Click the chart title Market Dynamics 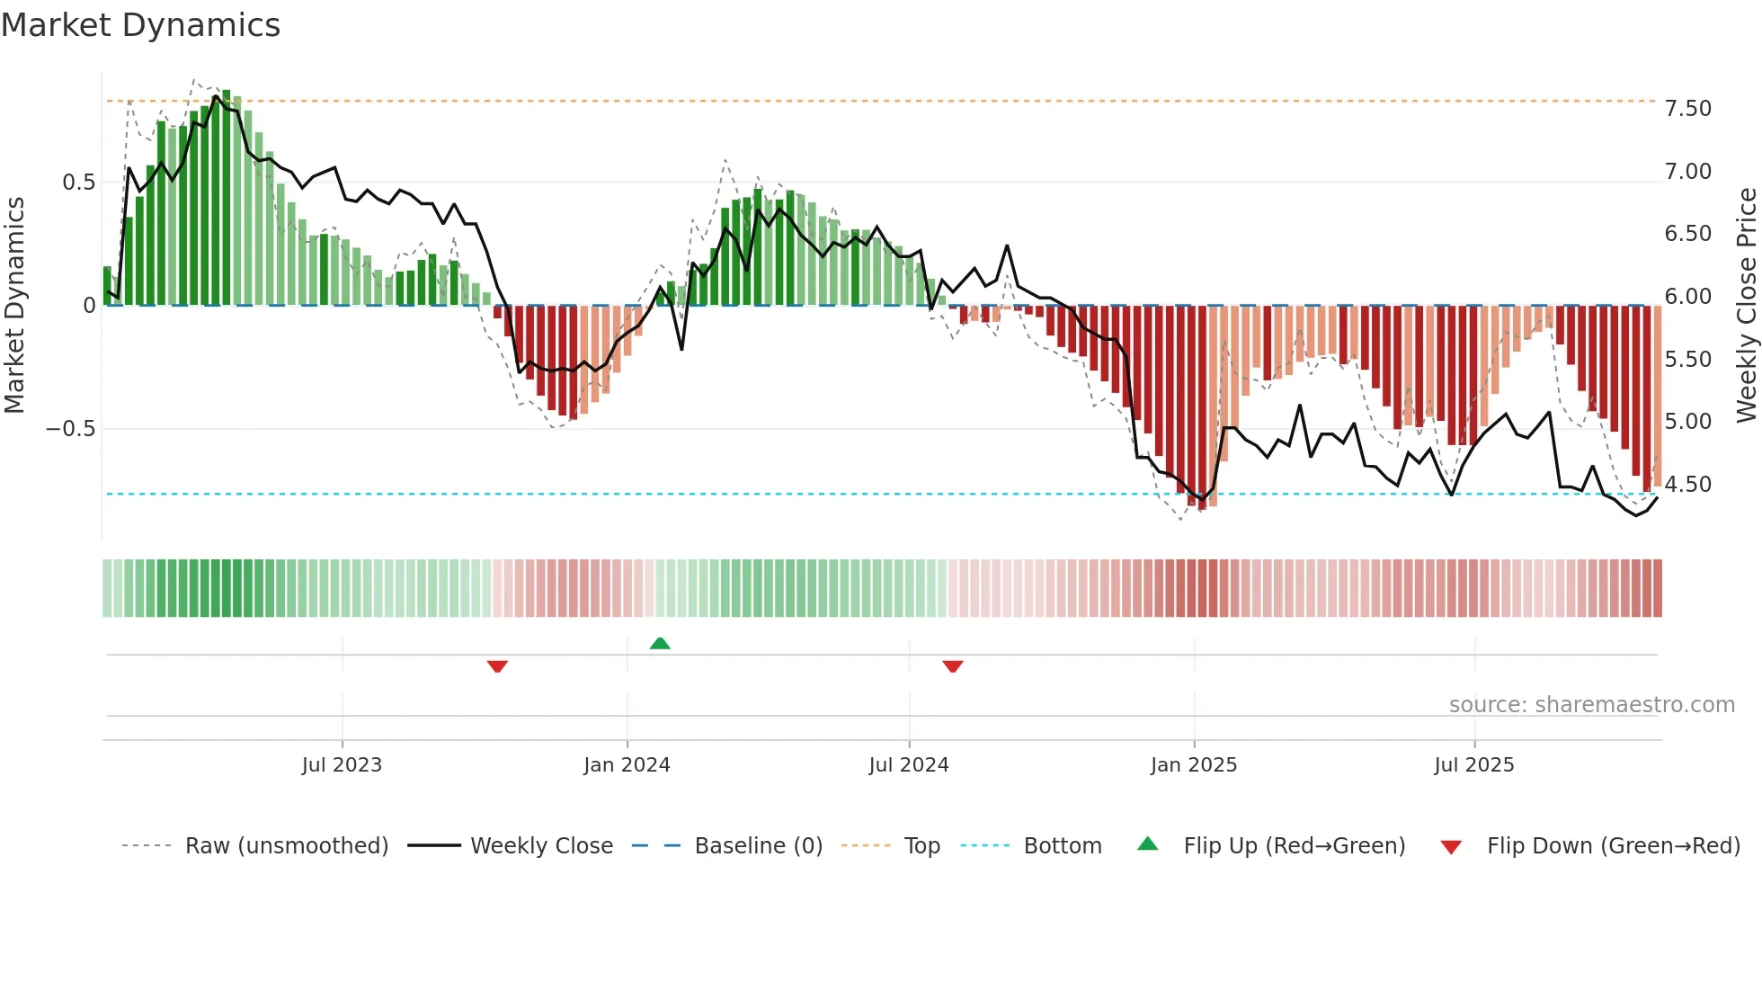coord(140,25)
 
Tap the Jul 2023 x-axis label coord(342,765)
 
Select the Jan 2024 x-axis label coord(627,765)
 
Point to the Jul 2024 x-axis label coord(909,765)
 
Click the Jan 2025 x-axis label coord(1194,765)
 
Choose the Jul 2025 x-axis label coord(1474,765)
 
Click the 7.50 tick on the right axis coord(1687,109)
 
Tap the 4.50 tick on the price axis coord(1687,485)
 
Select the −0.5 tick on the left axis coord(71,429)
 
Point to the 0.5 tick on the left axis coord(78,183)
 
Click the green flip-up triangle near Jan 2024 coord(660,643)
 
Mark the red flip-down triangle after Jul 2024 coord(953,666)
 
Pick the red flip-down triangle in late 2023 coord(497,666)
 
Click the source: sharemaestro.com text coord(1591,705)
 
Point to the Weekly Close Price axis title coord(1746,306)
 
